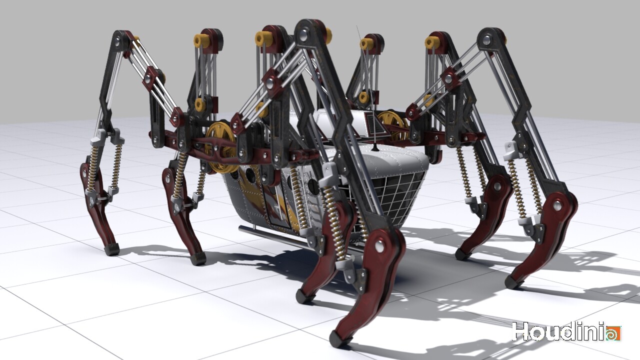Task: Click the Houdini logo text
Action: [x=557, y=332]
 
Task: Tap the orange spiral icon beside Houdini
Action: [x=613, y=333]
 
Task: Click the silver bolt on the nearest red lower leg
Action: [x=380, y=246]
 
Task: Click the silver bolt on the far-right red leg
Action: [x=557, y=205]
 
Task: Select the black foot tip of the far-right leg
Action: [x=512, y=283]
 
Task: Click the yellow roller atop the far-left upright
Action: [x=201, y=40]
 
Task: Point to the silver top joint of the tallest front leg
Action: [x=303, y=33]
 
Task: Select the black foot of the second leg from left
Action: [x=198, y=258]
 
